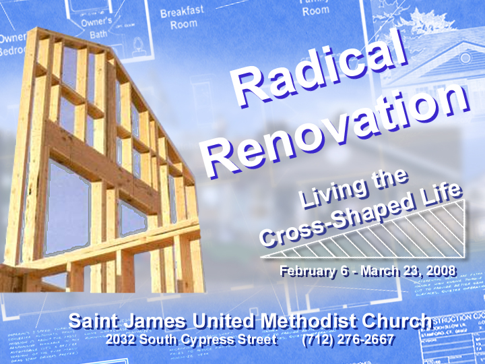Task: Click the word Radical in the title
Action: [x=323, y=71]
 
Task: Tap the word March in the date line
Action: [x=381, y=272]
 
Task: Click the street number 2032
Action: [x=122, y=339]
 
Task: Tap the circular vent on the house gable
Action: [x=465, y=58]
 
